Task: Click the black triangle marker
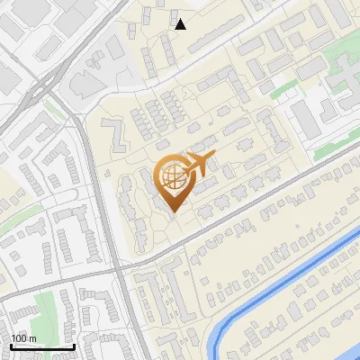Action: (181, 24)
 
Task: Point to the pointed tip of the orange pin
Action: (171, 211)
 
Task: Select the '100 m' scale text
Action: (24, 338)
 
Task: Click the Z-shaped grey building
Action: (114, 135)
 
